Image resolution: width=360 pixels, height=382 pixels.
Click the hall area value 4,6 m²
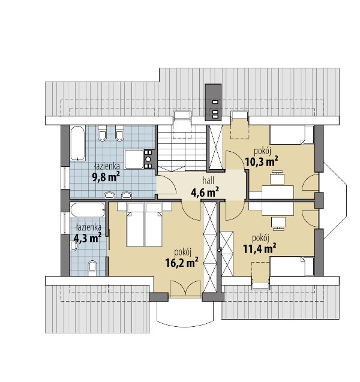205,192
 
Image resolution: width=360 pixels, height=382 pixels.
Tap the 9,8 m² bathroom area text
106,177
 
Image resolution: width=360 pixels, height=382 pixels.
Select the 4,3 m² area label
88,237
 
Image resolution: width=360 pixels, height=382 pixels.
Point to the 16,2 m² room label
182,263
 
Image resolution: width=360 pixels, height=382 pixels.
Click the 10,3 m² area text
262,161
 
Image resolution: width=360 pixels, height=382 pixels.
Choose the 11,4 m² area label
260,248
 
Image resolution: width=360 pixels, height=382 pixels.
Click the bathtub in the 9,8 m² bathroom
77,143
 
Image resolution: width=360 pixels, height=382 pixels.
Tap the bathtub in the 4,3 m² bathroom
88,209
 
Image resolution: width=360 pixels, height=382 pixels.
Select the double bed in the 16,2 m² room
144,224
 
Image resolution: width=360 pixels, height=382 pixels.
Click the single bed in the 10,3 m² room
292,135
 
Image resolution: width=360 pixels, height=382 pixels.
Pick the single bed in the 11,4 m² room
292,266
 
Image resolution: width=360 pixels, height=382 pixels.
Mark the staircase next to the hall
182,148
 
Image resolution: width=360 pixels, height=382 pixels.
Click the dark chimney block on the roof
213,103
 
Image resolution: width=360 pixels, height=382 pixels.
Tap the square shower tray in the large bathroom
134,159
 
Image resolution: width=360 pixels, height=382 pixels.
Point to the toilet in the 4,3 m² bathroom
92,267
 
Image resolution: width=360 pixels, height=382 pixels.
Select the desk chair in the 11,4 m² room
278,224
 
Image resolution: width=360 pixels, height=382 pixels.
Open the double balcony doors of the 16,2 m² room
185,289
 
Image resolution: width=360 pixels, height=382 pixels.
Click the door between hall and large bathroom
166,185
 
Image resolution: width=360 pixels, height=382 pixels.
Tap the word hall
208,181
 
